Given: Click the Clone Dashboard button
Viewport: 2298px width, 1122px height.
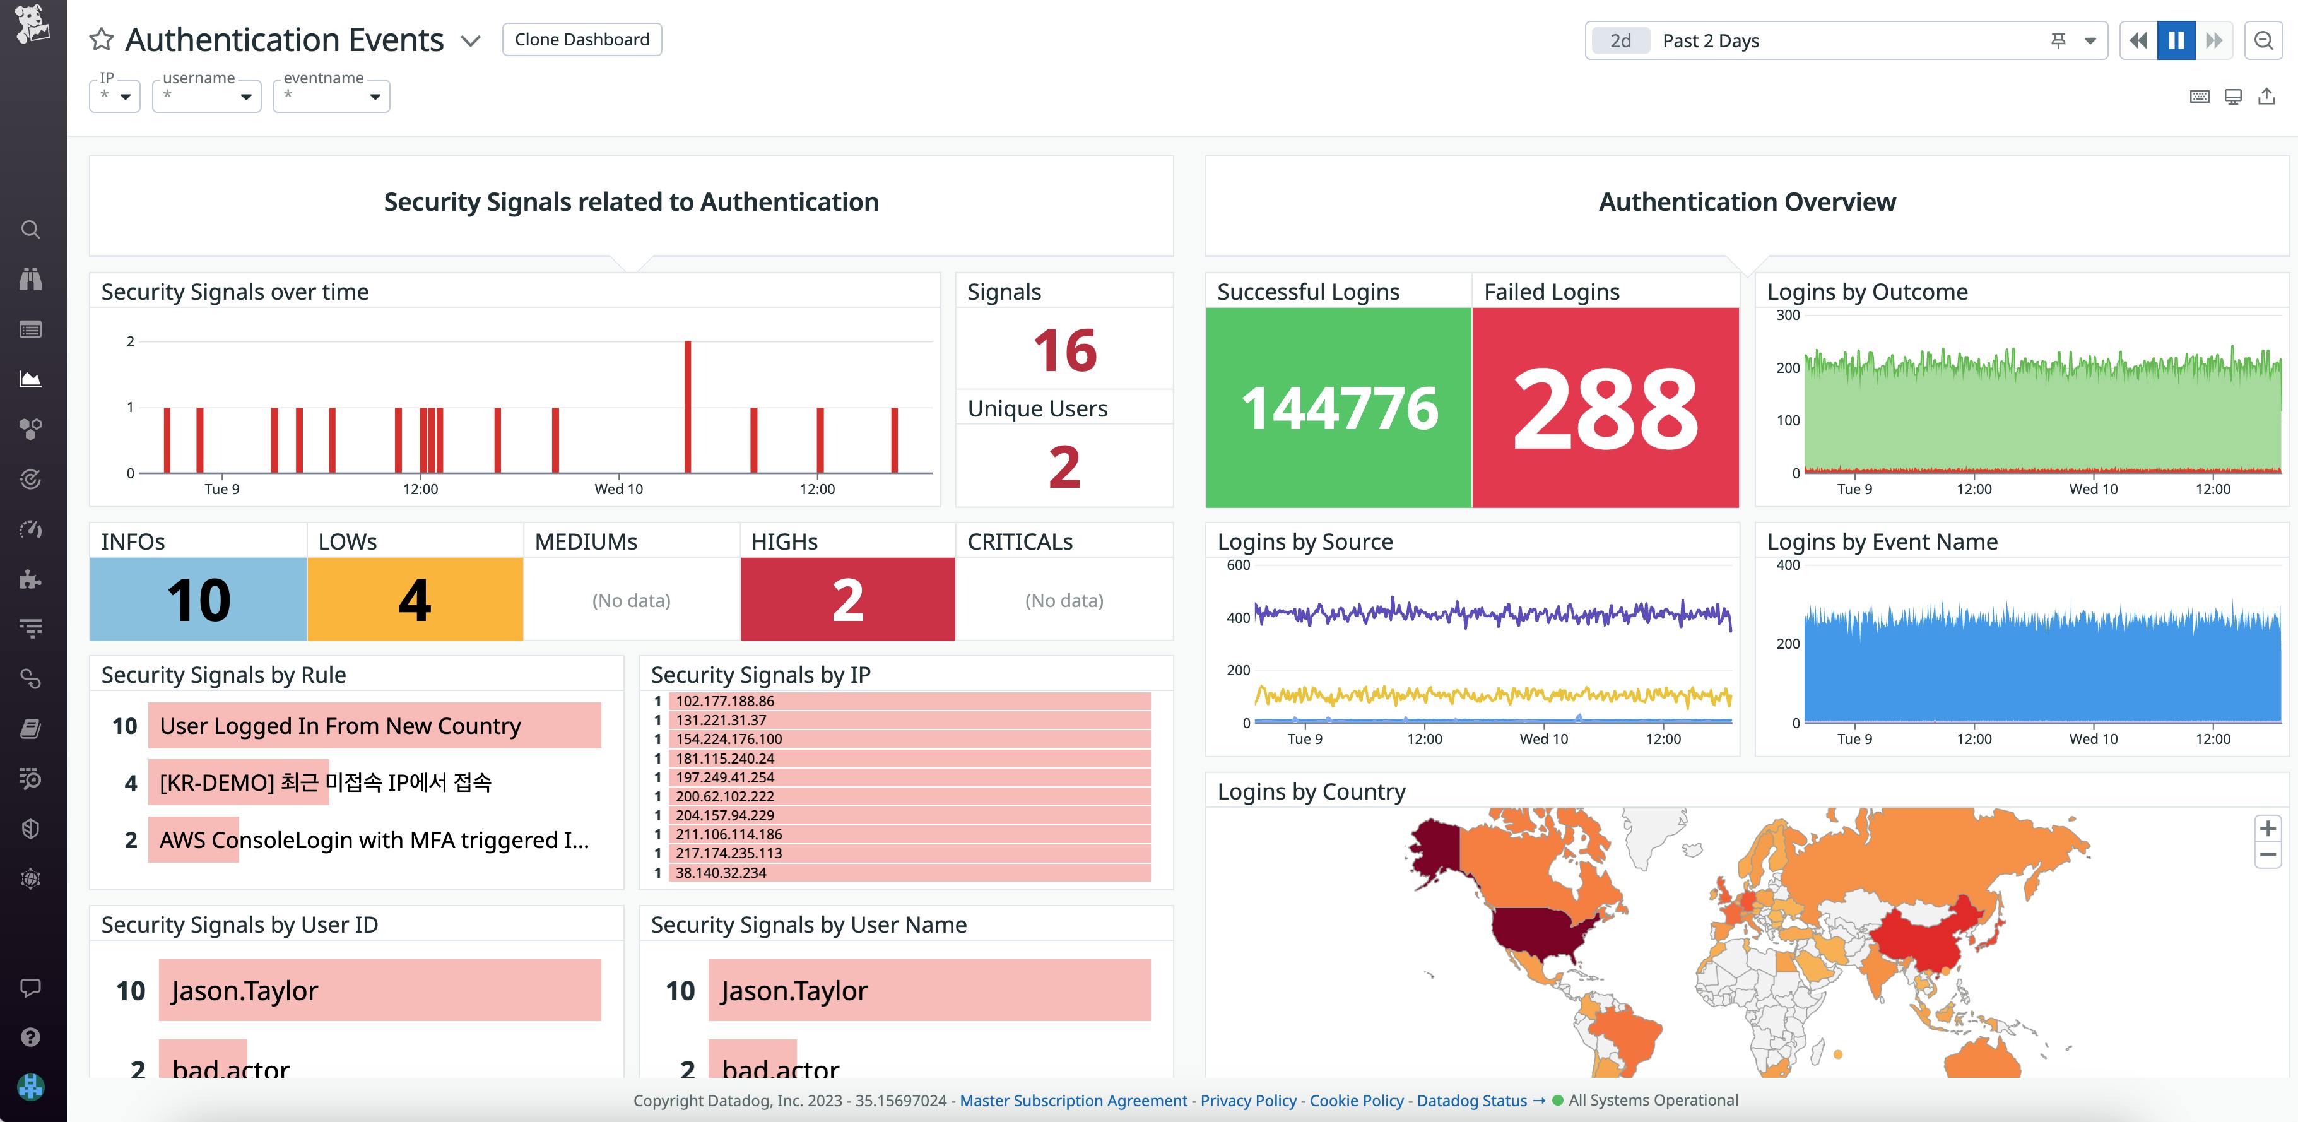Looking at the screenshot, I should click(x=582, y=39).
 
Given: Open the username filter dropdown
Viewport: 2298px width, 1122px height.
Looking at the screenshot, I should click(x=206, y=95).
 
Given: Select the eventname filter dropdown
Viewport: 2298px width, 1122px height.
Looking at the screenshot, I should click(x=331, y=95).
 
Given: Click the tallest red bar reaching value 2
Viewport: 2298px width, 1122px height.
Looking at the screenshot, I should click(x=688, y=406).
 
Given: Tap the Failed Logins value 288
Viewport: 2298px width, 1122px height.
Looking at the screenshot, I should click(x=1605, y=408).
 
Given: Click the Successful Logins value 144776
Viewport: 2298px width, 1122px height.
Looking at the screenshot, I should click(x=1338, y=408).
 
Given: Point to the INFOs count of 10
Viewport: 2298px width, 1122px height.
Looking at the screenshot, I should click(x=198, y=599).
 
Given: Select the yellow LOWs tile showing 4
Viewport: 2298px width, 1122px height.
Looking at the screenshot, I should click(x=415, y=599).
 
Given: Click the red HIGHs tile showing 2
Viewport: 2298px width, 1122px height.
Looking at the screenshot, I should click(x=847, y=599).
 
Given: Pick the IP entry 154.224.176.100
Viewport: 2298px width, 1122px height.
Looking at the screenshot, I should click(x=729, y=738).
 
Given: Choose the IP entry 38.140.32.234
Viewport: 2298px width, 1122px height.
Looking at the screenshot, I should click(x=721, y=872).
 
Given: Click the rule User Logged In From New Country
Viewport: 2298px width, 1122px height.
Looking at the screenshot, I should click(x=340, y=726).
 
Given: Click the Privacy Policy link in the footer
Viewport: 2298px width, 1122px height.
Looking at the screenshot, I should click(x=1248, y=1101).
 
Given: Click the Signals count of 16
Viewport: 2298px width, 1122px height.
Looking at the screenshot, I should click(x=1064, y=350).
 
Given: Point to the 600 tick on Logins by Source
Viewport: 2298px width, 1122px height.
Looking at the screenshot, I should click(x=1238, y=565).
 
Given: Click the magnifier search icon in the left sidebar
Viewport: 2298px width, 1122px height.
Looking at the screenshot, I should click(x=30, y=229).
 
